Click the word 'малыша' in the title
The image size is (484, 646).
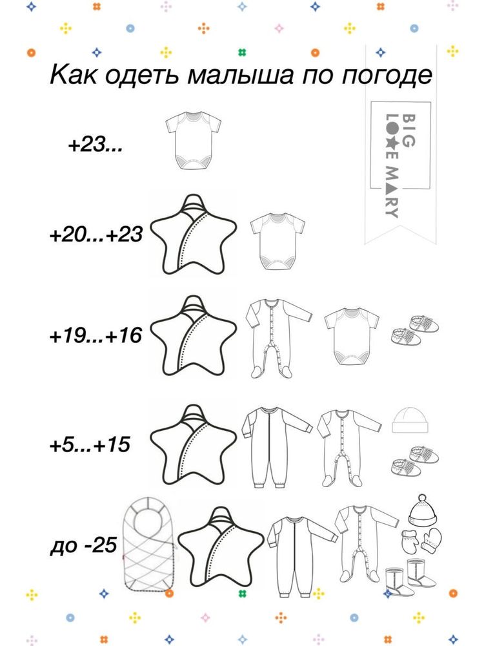[x=240, y=76]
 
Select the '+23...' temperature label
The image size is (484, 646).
[x=96, y=145]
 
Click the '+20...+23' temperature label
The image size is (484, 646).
[x=96, y=234]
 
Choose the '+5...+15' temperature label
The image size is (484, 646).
[x=90, y=444]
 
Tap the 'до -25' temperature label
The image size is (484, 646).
[x=84, y=545]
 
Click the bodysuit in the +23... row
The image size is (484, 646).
[x=194, y=140]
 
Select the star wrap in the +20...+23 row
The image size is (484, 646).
[x=194, y=234]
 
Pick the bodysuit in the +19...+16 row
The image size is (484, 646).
[x=352, y=336]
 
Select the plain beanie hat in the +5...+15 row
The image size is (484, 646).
[x=407, y=420]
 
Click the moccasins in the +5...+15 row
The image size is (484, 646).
[x=414, y=460]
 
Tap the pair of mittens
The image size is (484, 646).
[x=421, y=541]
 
